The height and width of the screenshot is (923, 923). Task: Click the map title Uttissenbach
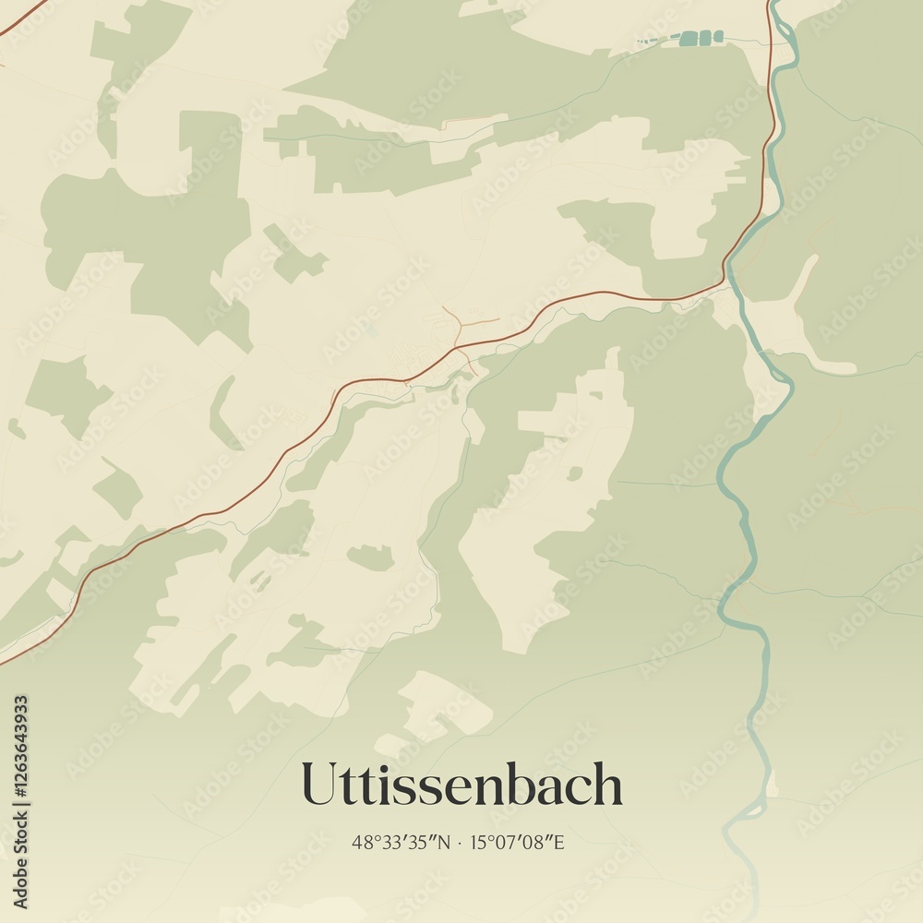pos(461,785)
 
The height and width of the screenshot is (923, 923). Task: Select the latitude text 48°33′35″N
pos(402,842)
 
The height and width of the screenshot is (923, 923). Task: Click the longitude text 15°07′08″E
pos(517,842)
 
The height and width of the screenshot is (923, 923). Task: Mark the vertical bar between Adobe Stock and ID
pos(21,827)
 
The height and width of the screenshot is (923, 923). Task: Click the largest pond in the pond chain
pos(689,39)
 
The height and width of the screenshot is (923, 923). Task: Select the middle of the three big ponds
pos(706,37)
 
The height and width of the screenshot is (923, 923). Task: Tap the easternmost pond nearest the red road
pos(718,37)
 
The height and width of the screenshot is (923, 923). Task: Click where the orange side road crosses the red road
pos(459,348)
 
